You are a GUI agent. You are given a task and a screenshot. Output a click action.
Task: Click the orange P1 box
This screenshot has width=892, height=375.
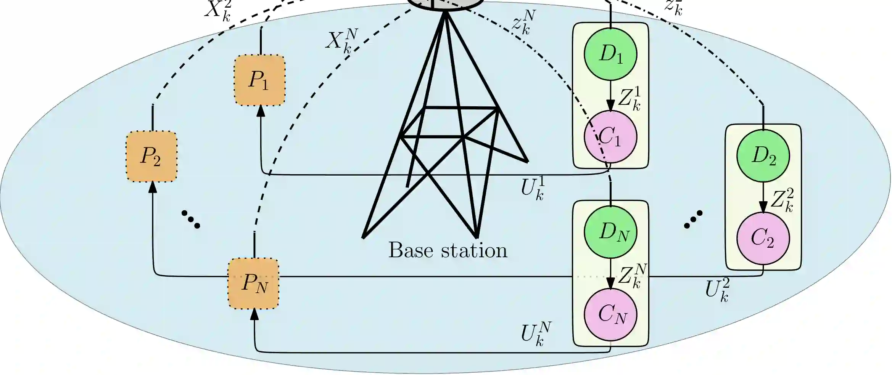point(260,80)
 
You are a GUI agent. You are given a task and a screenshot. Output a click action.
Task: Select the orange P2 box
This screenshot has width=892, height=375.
point(151,156)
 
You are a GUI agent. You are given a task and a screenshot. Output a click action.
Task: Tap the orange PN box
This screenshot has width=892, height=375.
point(254,284)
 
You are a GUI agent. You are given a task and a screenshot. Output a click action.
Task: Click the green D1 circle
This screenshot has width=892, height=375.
point(610,54)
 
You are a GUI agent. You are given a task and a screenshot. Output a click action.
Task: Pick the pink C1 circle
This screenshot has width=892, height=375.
point(610,137)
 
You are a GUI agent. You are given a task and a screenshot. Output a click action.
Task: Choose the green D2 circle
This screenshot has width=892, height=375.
point(763,156)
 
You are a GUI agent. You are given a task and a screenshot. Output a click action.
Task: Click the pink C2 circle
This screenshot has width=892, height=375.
point(763,238)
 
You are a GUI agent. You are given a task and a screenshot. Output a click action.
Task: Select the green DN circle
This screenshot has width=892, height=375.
point(610,232)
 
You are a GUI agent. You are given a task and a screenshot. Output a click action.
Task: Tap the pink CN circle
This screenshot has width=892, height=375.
point(610,314)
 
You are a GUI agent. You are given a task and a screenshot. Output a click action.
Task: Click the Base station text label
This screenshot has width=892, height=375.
point(448,251)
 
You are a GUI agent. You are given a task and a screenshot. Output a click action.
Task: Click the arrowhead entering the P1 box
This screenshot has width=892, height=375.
point(261,111)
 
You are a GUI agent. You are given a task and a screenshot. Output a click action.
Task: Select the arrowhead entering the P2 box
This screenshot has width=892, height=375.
point(153,187)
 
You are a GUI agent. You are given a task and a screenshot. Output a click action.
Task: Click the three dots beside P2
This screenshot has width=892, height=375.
point(191,219)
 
